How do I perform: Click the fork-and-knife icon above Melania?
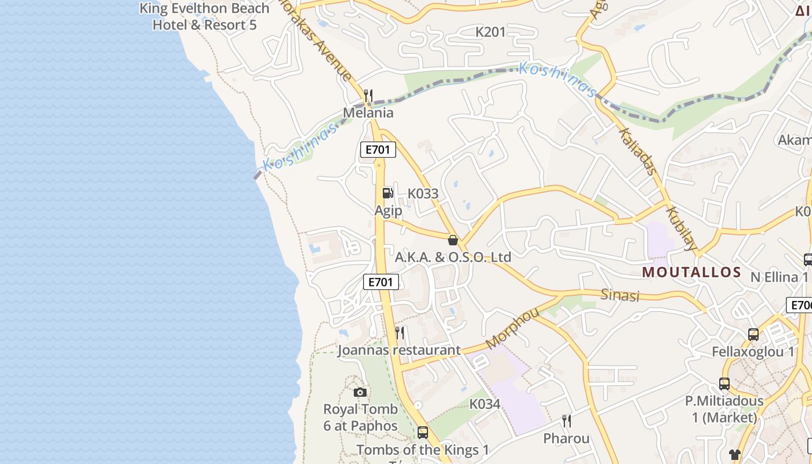click(x=368, y=95)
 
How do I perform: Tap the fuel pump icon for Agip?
click(x=387, y=193)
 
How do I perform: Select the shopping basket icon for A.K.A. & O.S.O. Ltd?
click(x=453, y=240)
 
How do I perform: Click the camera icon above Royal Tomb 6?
click(x=360, y=392)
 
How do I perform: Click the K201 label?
click(x=491, y=32)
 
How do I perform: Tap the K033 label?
click(x=423, y=194)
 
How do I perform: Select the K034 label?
click(x=484, y=404)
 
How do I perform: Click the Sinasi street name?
click(x=620, y=295)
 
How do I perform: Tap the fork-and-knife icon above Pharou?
click(x=567, y=421)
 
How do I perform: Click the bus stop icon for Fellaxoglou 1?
click(x=753, y=334)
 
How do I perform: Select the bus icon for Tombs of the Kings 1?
click(x=423, y=432)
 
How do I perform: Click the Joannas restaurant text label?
click(x=399, y=350)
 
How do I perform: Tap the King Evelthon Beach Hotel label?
click(x=204, y=17)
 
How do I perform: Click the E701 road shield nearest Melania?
click(x=378, y=150)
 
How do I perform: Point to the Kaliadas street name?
click(x=638, y=152)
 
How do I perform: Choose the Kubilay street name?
click(x=682, y=229)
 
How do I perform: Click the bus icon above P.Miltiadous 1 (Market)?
click(x=724, y=383)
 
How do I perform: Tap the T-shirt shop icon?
click(x=735, y=454)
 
